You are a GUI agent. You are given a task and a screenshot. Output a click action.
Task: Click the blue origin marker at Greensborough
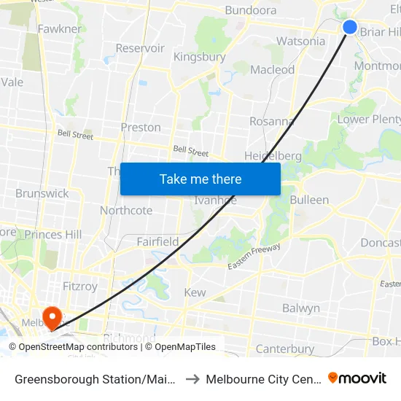[350, 27]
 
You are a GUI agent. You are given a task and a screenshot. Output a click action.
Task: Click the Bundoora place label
[251, 10]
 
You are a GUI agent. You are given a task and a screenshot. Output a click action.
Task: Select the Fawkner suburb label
[60, 29]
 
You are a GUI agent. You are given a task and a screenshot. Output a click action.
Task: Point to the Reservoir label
[140, 48]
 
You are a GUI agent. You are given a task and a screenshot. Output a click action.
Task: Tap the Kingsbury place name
[199, 56]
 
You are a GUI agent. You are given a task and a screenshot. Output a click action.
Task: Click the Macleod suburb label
[273, 70]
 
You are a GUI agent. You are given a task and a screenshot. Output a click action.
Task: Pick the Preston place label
[141, 127]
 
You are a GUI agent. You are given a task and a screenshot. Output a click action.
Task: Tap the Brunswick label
[42, 193]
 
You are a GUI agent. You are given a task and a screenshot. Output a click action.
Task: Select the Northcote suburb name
[126, 211]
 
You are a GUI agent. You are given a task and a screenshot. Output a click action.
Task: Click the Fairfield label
[157, 241]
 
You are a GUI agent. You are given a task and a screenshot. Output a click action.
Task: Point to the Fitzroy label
[79, 287]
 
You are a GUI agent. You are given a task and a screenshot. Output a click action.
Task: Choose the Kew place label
[195, 292]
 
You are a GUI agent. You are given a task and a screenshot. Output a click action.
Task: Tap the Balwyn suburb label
[301, 308]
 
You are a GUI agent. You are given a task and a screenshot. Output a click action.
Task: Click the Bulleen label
[309, 200]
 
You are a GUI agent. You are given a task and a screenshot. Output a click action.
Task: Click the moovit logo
[357, 378]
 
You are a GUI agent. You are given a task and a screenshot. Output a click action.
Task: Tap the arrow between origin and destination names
[192, 379]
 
